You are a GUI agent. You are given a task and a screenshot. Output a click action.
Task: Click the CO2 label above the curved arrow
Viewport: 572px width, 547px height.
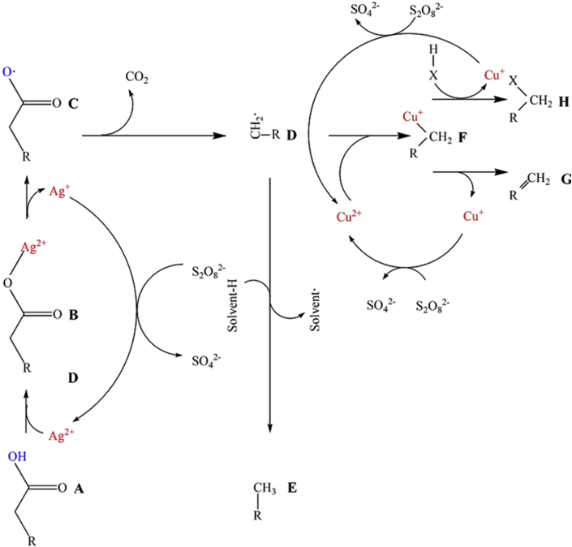pos(137,80)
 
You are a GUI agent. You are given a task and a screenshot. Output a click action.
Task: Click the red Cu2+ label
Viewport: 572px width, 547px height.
pos(348,218)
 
